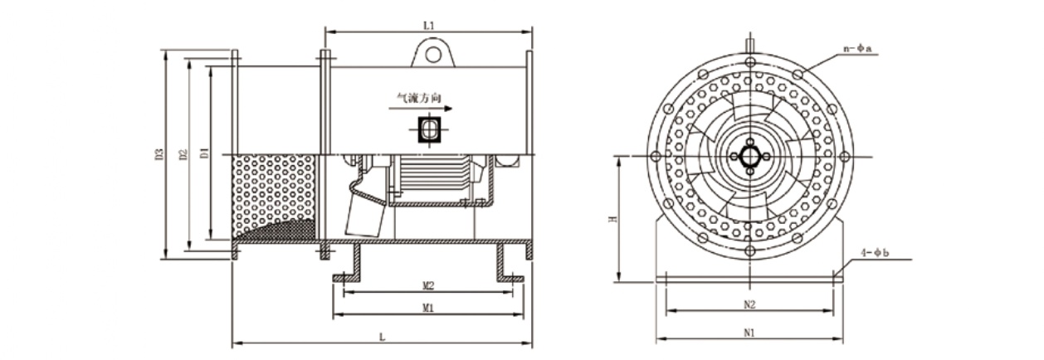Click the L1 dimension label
428,26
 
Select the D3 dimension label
159,153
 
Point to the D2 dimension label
183,154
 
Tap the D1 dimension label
204,153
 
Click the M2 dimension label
428,285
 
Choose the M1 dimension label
428,308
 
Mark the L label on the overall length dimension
383,337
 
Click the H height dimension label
614,219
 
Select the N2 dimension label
749,304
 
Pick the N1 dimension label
749,333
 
